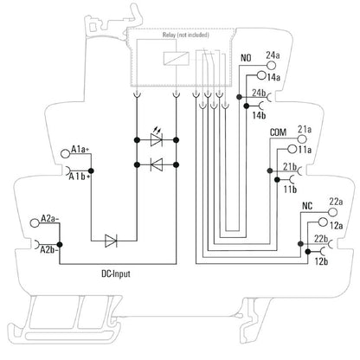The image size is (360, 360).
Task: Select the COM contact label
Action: coord(279,132)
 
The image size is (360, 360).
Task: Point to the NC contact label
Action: coord(306,206)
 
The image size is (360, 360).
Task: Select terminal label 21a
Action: coord(305,129)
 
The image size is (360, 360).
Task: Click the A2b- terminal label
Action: coord(48,250)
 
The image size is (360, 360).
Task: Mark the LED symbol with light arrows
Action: coord(157,138)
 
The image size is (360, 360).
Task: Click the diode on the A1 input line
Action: coord(111,240)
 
